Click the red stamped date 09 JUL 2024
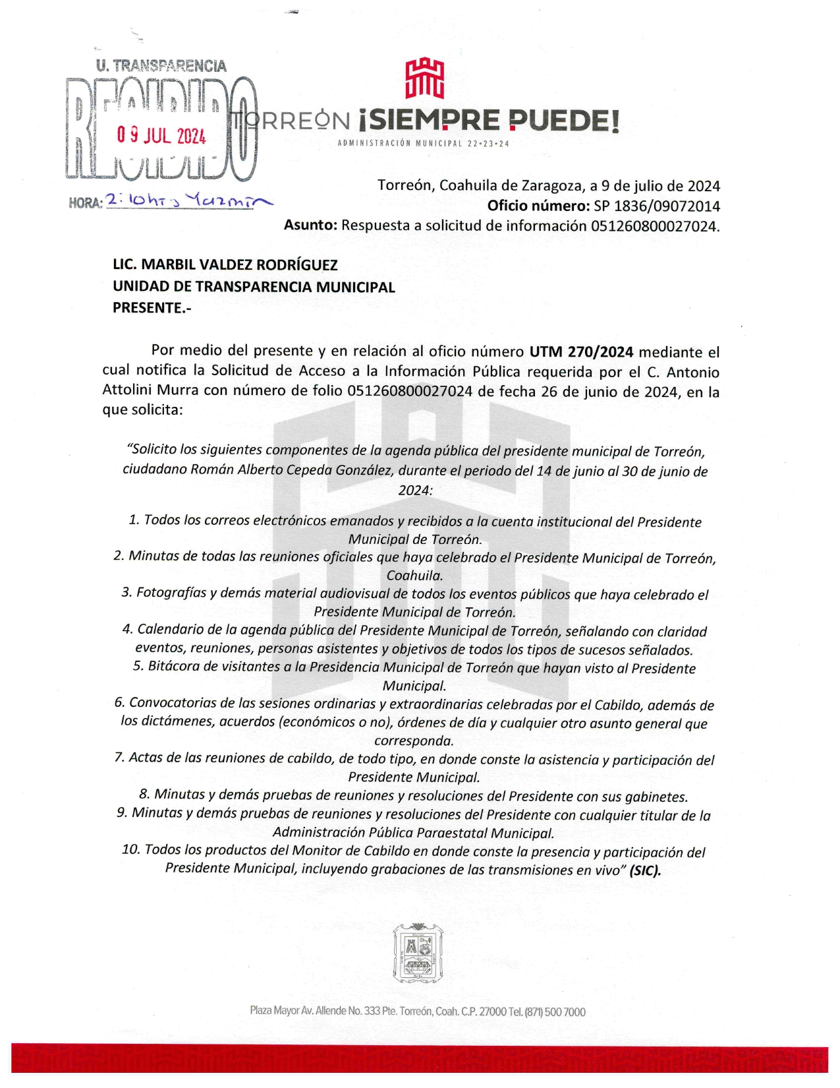161,136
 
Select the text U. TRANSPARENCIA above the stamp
161,66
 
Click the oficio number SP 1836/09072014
656,206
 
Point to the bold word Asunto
310,225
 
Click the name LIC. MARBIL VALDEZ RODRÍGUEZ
225,265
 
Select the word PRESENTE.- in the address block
152,307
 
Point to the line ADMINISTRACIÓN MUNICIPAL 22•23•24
424,144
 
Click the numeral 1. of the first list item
134,520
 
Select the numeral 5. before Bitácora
138,666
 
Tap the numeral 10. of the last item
130,849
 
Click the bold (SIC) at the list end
645,870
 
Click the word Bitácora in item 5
174,666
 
